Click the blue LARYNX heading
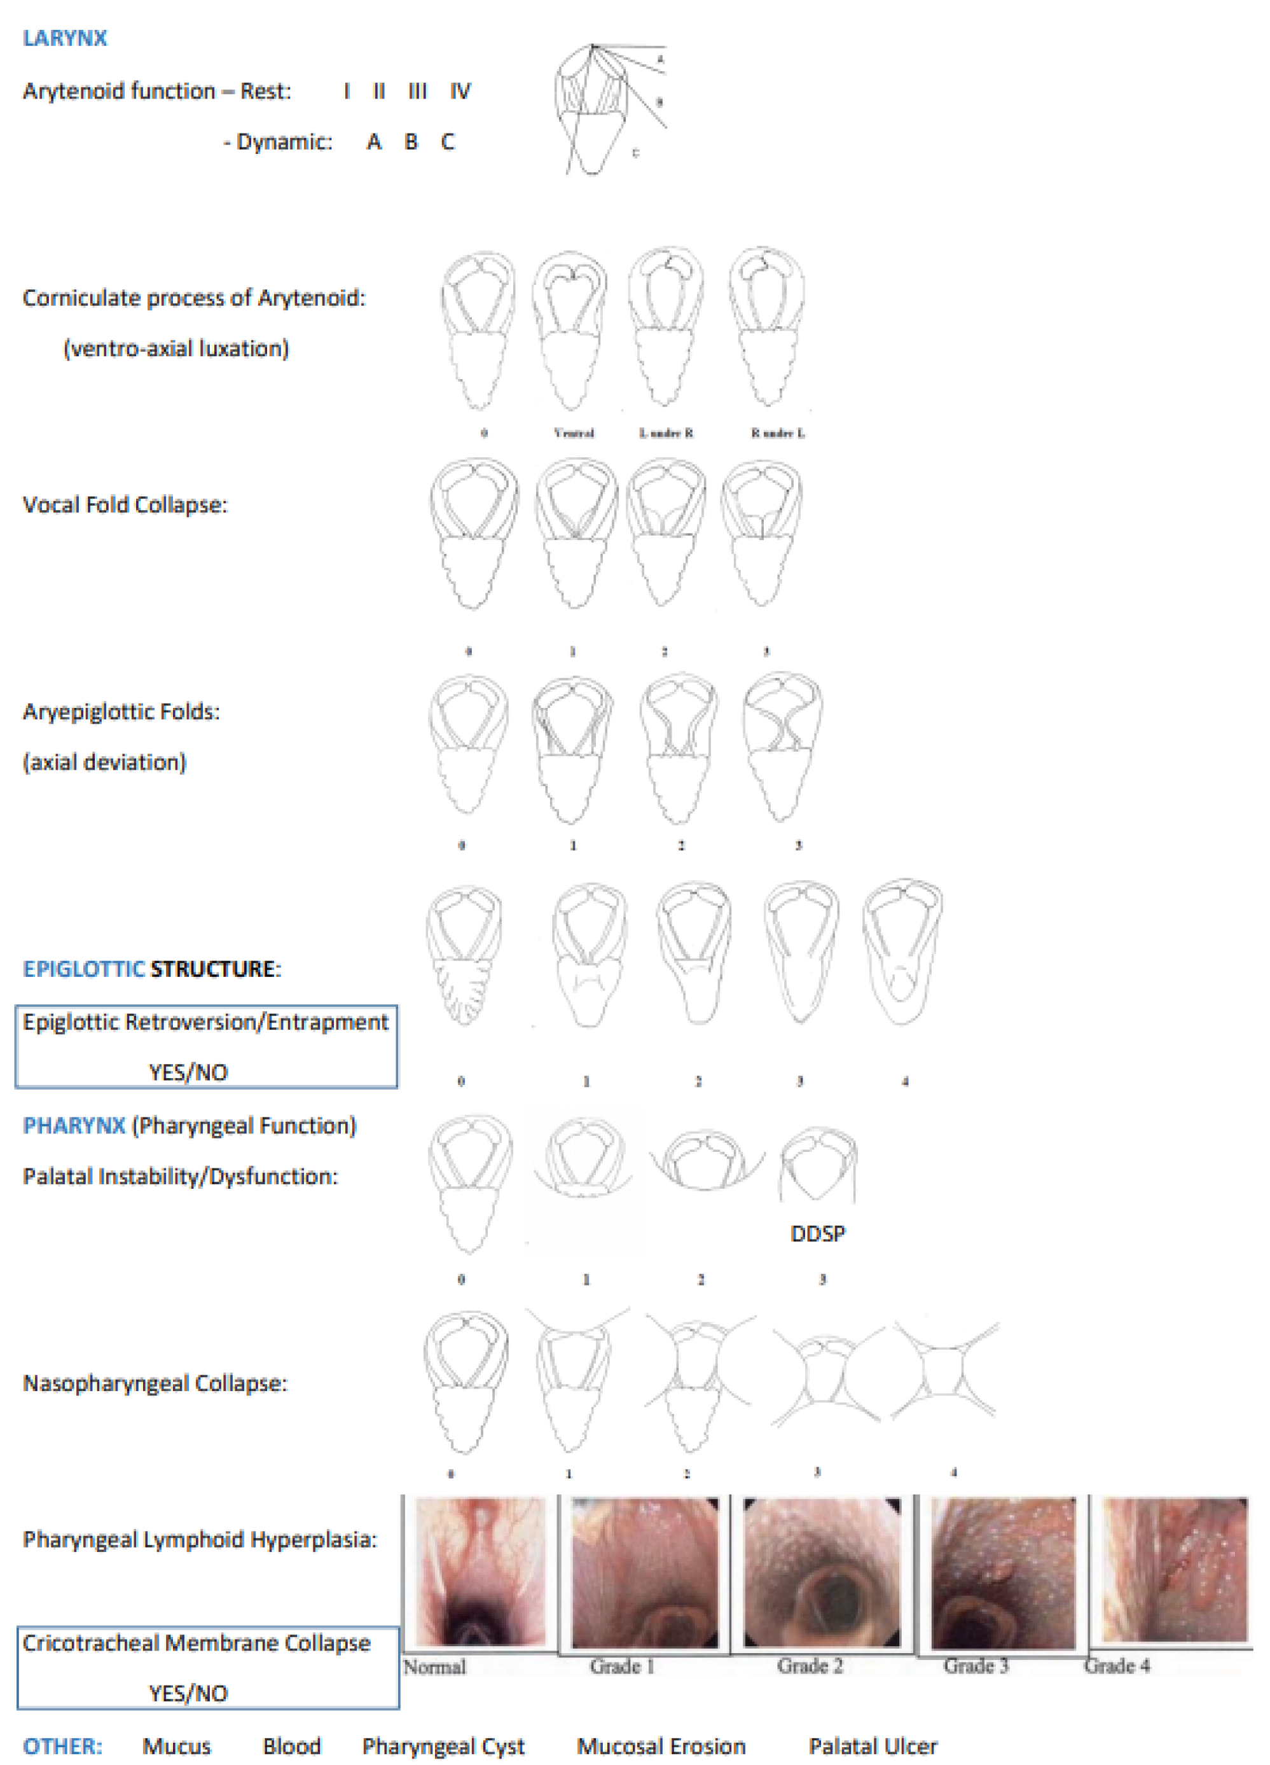point(65,38)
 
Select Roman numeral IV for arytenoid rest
point(460,92)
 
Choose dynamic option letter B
point(411,142)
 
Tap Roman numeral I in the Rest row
point(347,92)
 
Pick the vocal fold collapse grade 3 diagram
point(762,533)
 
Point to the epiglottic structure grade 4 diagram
point(902,953)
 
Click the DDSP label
point(817,1233)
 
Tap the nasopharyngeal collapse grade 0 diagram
point(466,1382)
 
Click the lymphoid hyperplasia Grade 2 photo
point(822,1573)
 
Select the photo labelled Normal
point(480,1573)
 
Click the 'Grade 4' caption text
point(1117,1665)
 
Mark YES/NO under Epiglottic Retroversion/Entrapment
point(188,1072)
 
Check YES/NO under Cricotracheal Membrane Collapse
point(188,1693)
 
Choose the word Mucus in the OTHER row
point(177,1747)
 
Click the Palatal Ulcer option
point(873,1747)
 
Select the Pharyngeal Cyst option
point(443,1747)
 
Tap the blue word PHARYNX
point(74,1125)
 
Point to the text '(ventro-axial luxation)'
point(176,349)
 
